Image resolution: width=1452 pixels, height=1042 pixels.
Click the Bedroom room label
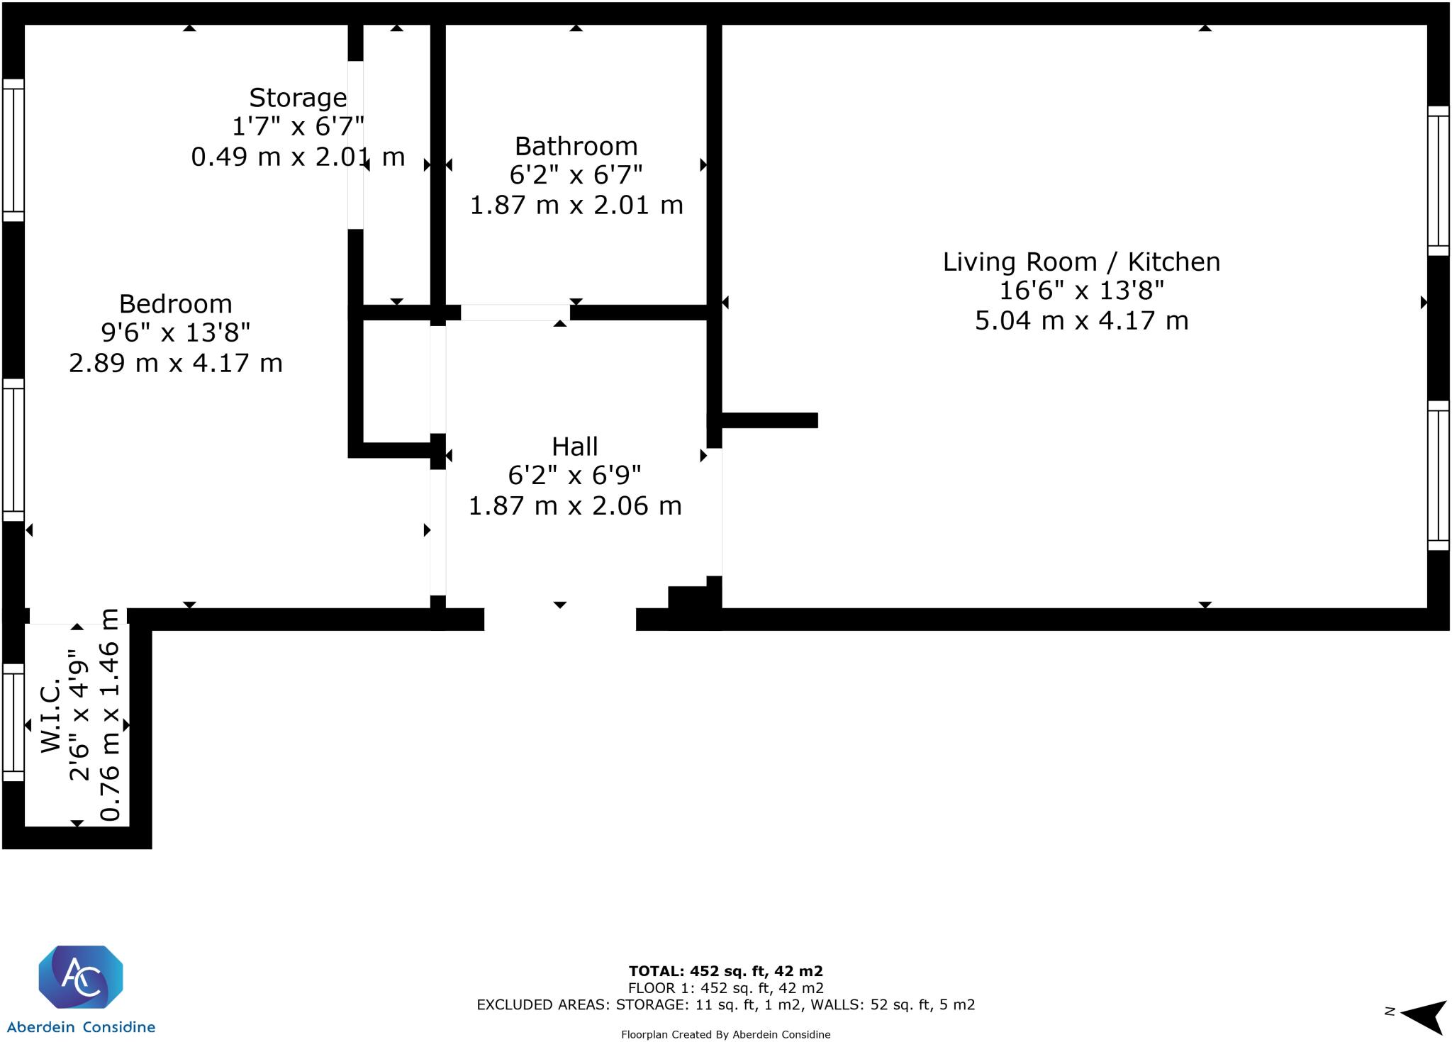(175, 304)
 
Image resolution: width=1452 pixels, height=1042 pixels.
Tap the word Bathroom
(576, 146)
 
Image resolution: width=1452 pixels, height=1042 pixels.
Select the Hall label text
(574, 447)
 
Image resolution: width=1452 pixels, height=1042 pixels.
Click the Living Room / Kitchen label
(1081, 262)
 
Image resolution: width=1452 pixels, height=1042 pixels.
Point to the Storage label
(298, 98)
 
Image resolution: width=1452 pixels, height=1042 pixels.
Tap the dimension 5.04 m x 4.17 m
(1081, 320)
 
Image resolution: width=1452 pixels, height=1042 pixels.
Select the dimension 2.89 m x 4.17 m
(175, 363)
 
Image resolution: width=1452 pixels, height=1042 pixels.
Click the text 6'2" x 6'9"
(574, 476)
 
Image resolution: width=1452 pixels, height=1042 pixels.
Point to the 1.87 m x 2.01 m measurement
(576, 206)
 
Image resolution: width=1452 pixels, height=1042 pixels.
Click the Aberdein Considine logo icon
(80, 976)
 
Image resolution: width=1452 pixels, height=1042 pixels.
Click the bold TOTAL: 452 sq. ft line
(725, 971)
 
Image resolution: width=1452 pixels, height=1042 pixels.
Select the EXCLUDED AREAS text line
(725, 1004)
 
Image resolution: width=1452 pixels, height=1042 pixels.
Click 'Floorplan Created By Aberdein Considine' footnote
(725, 1035)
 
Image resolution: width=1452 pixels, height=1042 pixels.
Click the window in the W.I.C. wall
(13, 722)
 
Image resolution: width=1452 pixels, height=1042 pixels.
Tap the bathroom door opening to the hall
(515, 313)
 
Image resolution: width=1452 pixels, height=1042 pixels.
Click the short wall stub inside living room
(770, 420)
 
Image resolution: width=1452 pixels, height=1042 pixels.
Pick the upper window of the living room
(1439, 181)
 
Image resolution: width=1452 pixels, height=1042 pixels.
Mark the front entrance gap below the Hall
(560, 619)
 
